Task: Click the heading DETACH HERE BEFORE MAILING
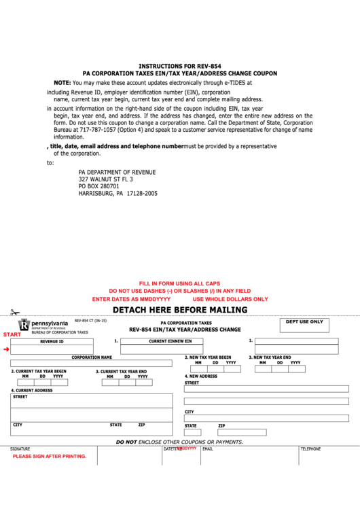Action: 180,310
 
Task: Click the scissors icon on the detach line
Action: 14,313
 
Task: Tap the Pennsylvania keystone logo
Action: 24,326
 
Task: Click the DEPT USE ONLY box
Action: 304,326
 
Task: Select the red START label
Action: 12,334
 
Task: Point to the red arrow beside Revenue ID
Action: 6,349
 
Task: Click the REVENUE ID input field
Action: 61,349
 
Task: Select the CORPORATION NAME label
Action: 92,357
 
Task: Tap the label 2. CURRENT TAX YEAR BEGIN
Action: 39,371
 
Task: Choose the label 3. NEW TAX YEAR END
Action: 270,357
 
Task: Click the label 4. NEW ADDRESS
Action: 201,376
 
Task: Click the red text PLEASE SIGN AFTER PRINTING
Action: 50,456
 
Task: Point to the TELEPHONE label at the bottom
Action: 311,449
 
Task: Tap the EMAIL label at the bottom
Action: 208,449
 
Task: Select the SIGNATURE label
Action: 20,449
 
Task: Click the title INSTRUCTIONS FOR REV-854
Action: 180,66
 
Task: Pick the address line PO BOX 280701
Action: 99,186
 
